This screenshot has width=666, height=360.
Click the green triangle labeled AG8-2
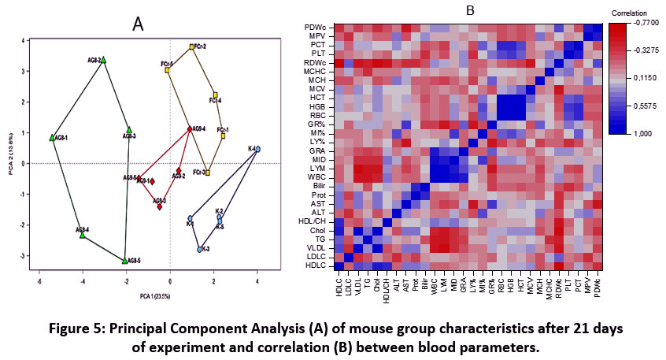click(103, 59)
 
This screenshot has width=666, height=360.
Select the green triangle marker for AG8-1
click(52, 138)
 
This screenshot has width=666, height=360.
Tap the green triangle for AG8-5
click(125, 260)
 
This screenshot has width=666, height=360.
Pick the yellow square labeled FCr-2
click(191, 47)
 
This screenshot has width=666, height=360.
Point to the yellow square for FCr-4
click(215, 95)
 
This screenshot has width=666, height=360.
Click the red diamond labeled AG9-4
click(190, 129)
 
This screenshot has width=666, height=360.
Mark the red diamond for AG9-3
click(159, 206)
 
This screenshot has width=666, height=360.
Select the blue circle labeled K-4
click(257, 149)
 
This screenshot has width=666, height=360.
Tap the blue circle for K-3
click(200, 249)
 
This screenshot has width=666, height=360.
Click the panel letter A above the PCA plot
click(138, 24)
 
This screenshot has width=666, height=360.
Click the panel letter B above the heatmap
click(470, 10)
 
